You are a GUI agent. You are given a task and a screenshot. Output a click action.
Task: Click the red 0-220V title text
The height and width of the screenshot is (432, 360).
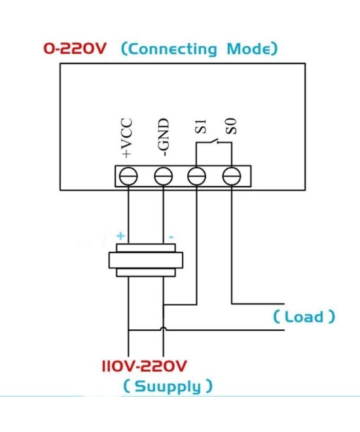(x=76, y=49)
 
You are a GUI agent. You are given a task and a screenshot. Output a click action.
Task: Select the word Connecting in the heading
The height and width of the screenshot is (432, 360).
(x=174, y=49)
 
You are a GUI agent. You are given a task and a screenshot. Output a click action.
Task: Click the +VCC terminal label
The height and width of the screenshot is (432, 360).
(x=128, y=138)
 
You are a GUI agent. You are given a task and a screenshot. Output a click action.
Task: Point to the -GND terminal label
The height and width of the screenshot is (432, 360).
(x=164, y=138)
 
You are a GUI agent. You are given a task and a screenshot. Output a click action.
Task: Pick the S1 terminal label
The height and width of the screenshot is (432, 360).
(x=200, y=128)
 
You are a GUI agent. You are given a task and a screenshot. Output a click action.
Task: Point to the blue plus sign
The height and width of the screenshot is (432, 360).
(x=120, y=236)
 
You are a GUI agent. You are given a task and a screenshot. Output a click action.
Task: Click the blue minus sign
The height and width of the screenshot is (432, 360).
(x=170, y=236)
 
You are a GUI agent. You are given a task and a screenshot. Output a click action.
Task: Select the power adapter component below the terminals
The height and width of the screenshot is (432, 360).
(x=145, y=261)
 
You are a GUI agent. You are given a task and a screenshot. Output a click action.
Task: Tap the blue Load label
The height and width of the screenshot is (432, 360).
(x=304, y=317)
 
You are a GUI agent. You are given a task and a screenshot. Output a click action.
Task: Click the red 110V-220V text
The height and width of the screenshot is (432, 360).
(x=145, y=365)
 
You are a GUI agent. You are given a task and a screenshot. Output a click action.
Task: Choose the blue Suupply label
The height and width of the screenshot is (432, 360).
(x=168, y=386)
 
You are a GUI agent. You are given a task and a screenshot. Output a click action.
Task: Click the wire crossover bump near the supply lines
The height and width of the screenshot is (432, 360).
(x=163, y=329)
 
